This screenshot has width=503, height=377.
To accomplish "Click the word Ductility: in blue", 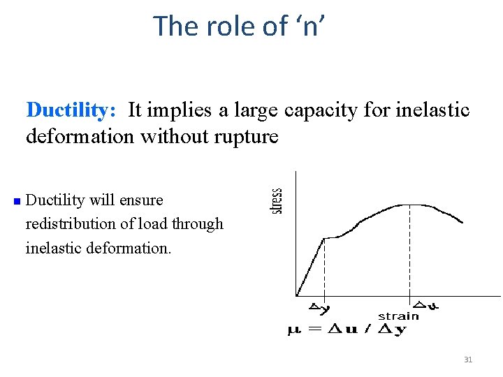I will coord(71,110).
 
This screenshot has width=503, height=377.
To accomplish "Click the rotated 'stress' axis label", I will coord(277,201).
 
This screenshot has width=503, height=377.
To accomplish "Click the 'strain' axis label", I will coord(398,316).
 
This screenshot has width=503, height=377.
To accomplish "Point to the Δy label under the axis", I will coord(320,306).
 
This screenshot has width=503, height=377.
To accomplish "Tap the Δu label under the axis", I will coord(426,304).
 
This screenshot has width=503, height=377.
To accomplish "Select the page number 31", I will coord(468,360).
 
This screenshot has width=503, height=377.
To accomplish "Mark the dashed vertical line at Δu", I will coord(410,251).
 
